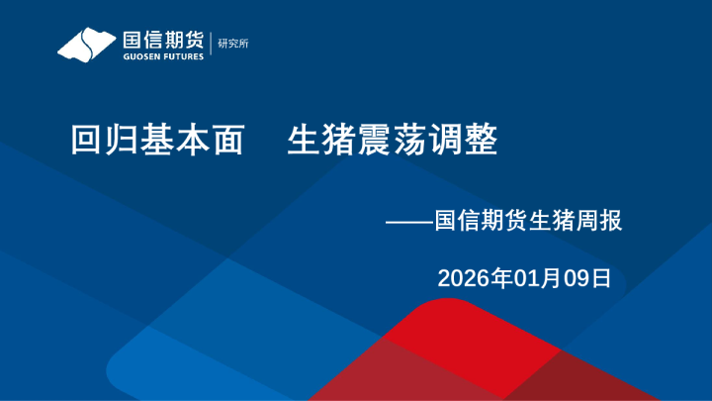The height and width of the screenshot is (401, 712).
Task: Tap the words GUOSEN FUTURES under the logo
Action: (162, 56)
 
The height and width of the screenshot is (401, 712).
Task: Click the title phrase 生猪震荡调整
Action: (392, 141)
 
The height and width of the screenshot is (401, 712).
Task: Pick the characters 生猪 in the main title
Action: (321, 141)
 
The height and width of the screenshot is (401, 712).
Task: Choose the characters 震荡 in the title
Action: (392, 141)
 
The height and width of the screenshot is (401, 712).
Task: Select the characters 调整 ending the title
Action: (463, 141)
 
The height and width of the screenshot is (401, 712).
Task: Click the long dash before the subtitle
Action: (409, 220)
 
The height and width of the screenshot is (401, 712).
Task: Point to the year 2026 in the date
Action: (461, 278)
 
